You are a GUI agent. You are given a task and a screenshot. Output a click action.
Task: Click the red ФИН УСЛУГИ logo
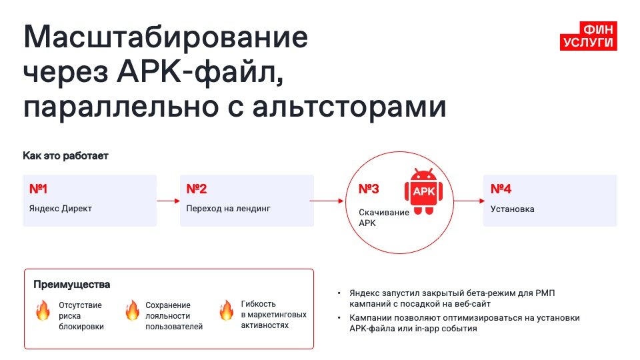[x=589, y=36]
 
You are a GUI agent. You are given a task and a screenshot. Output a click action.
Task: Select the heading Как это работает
[x=65, y=156]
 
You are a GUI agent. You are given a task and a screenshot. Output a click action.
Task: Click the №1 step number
[x=39, y=189]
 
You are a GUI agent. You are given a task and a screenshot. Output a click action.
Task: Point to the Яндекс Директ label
[x=61, y=209]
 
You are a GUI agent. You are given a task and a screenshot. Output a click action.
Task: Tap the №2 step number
[x=197, y=189]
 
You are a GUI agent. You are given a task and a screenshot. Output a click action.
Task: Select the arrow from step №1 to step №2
[x=168, y=200]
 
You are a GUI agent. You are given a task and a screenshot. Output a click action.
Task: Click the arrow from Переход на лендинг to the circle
[x=326, y=200]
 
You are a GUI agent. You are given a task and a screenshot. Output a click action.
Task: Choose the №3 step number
[x=369, y=189]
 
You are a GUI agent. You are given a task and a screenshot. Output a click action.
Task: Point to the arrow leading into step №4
[x=469, y=200]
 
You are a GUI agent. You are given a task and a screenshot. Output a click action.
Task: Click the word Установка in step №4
[x=512, y=209]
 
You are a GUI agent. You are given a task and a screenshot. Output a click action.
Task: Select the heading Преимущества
[x=72, y=285]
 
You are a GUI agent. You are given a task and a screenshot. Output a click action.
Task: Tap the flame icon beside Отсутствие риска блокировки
[x=43, y=311]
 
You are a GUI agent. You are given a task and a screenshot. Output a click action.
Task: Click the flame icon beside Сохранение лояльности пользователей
[x=132, y=311]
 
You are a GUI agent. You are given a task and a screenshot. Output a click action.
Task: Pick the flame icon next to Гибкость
[x=227, y=310]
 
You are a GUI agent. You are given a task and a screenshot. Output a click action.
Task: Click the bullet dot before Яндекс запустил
[x=339, y=293]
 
